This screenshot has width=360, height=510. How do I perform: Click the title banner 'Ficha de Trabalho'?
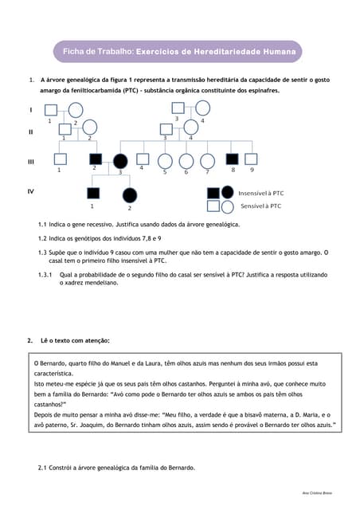(179, 52)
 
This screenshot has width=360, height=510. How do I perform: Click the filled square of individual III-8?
(233, 159)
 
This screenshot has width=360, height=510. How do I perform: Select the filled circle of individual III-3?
(121, 160)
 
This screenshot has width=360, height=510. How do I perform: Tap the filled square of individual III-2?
(94, 159)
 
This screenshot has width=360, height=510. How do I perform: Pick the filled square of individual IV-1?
(93, 193)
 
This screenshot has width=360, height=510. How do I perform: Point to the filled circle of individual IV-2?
(129, 194)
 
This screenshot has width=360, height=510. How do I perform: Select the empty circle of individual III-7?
(208, 160)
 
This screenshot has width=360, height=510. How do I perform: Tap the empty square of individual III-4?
(143, 159)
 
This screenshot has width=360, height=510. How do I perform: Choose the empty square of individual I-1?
(50, 111)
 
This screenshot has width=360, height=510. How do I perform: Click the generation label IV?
(31, 192)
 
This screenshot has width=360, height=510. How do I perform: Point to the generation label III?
(31, 162)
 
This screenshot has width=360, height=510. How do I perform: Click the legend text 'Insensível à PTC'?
(260, 193)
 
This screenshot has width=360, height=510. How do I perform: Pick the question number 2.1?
(44, 468)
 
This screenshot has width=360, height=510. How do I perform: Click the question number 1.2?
(44, 238)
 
